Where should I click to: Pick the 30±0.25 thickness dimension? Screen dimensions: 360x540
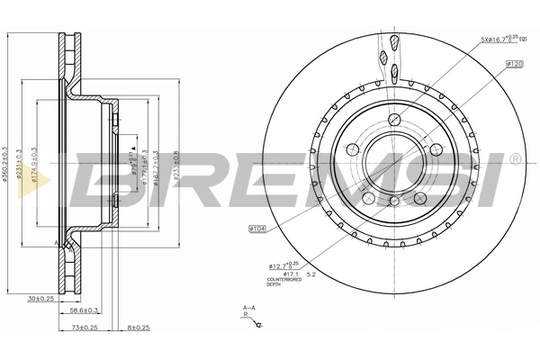click(40, 298)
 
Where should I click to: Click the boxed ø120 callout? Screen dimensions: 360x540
click(515, 65)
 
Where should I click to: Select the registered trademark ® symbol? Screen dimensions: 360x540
click(515, 159)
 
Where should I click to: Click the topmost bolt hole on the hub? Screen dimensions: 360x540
click(395, 121)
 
